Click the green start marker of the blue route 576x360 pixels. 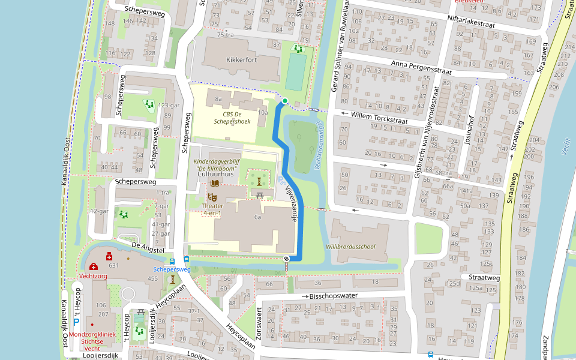[285, 101]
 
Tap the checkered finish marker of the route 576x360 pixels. [287, 259]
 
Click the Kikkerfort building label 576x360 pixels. [242, 60]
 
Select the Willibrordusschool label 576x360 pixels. [350, 247]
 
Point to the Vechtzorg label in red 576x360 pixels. [92, 276]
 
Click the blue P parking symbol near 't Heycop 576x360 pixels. [76, 322]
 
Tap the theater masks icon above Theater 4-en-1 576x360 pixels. [212, 196]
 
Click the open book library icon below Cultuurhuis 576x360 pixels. [215, 183]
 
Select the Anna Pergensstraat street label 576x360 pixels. [421, 67]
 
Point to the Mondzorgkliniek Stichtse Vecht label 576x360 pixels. [92, 341]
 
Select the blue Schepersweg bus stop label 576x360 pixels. [172, 270]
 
